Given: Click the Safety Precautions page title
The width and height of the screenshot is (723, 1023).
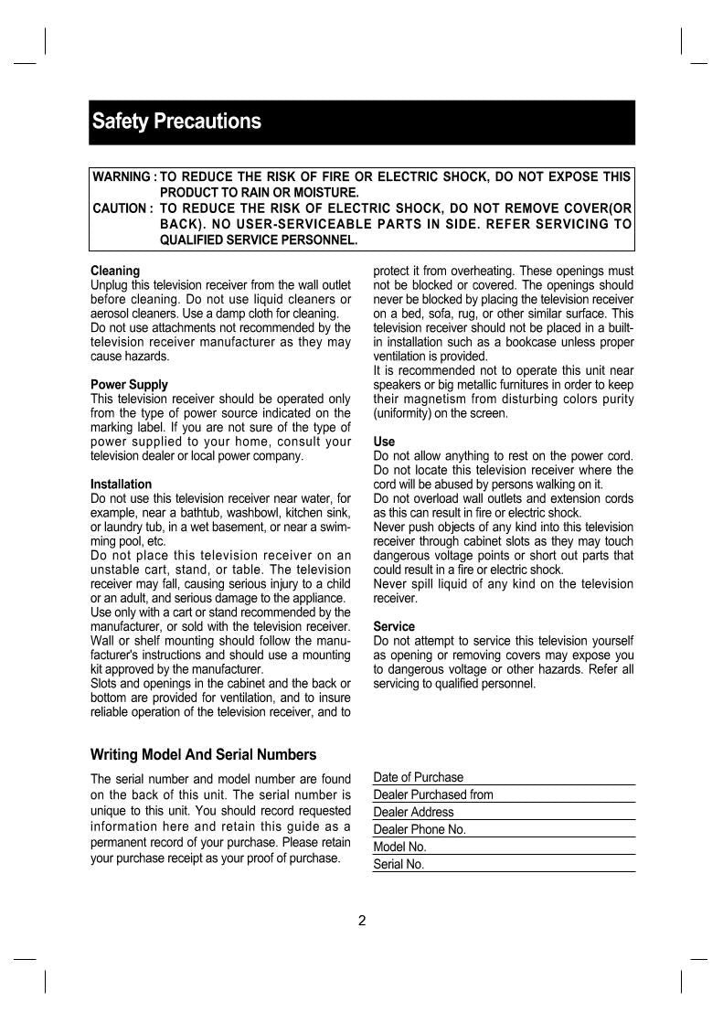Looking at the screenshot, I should point(175,122).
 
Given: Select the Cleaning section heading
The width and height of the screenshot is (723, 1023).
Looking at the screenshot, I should point(115,271).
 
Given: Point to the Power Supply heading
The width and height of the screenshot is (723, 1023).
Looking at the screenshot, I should point(129,385).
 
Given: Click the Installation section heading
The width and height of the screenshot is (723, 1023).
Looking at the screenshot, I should point(121,484).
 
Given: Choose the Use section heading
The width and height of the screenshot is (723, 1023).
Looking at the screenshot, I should point(384,442).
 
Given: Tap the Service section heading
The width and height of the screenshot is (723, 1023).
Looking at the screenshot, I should point(394,626).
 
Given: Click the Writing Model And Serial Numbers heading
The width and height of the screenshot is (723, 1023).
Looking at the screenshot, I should point(203,754).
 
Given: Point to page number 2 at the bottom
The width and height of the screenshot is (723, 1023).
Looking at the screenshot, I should point(362,921).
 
